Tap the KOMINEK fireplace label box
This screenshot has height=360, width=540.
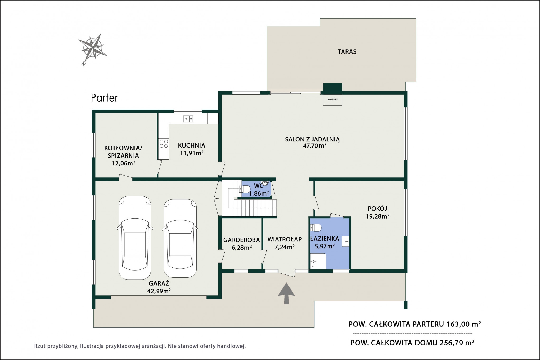point(333,100)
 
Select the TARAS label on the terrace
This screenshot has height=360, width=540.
point(347,52)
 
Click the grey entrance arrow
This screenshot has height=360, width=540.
point(286,293)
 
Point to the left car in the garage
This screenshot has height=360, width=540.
point(135,238)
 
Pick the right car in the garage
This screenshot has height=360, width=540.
point(180,238)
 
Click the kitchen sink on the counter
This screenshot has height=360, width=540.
point(188,119)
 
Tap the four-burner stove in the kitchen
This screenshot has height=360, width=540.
point(164,143)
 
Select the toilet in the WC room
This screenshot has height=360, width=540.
point(245,189)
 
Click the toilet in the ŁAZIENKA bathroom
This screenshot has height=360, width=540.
point(316,227)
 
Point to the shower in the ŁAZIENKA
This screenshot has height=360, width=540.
point(318,261)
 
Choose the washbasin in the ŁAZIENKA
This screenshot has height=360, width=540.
point(345,241)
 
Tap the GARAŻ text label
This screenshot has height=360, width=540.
point(159,283)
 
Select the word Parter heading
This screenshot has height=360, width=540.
point(104,98)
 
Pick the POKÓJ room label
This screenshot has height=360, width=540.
point(377,209)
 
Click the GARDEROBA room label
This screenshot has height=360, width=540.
point(241,240)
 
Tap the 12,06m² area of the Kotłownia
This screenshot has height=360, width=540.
point(124,163)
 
